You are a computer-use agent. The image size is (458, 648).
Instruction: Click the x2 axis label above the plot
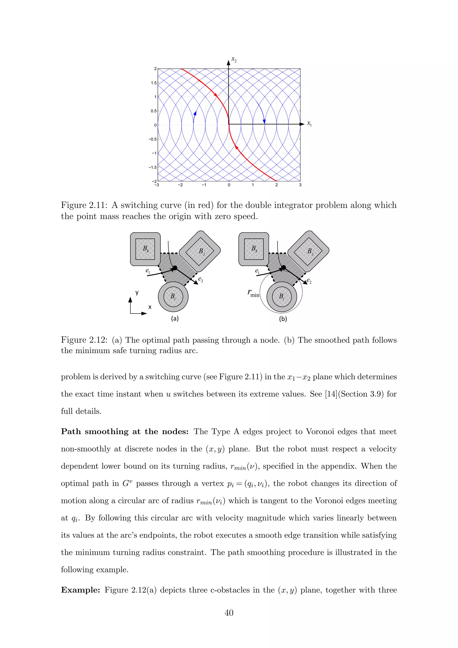(x=234, y=60)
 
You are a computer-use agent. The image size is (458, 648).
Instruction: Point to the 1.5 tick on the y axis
(x=154, y=83)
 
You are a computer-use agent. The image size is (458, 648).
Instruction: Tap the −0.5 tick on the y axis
(x=153, y=139)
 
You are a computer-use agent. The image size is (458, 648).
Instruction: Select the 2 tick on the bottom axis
(x=276, y=185)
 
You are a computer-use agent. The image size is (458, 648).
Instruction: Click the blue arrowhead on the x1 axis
(x=264, y=122)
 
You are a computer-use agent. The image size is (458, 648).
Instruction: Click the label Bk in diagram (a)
(x=146, y=249)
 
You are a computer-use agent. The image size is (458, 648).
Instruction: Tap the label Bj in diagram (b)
(x=310, y=251)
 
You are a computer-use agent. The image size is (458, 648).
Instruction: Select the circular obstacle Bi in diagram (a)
(x=173, y=297)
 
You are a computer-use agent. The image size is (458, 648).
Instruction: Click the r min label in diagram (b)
(x=253, y=293)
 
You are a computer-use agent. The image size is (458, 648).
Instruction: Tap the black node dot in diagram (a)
(x=175, y=268)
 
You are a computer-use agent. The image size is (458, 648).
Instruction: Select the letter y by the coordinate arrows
(x=137, y=292)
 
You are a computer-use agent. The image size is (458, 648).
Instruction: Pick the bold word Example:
(x=80, y=590)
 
